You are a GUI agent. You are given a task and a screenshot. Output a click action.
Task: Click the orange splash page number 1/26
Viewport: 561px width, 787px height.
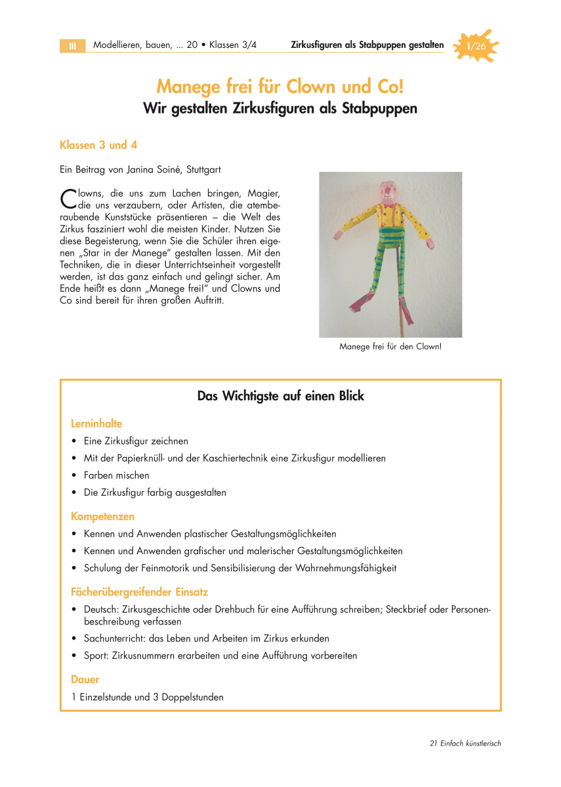tap(476, 46)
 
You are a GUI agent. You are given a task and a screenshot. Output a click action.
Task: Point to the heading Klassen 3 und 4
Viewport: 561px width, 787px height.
tap(98, 144)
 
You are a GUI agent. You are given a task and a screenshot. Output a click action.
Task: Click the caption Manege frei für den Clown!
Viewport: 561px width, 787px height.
tap(390, 346)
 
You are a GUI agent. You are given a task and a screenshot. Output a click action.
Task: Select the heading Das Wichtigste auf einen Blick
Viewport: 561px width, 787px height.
tap(280, 396)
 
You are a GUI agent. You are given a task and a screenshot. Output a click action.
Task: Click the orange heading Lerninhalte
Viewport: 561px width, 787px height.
tap(96, 424)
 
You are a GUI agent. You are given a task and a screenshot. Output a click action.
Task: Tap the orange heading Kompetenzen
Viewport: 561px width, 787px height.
tap(103, 517)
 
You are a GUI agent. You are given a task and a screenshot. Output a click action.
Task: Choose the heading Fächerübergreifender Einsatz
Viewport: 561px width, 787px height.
tap(140, 592)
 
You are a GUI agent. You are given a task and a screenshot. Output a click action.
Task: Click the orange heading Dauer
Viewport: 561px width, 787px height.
tap(85, 680)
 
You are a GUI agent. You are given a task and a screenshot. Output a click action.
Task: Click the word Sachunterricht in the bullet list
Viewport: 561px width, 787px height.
tap(114, 638)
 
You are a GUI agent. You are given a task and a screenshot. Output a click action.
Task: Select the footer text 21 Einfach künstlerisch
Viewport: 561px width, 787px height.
tap(465, 743)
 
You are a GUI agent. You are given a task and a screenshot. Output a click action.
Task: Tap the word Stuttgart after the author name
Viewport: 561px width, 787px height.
tap(204, 169)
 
